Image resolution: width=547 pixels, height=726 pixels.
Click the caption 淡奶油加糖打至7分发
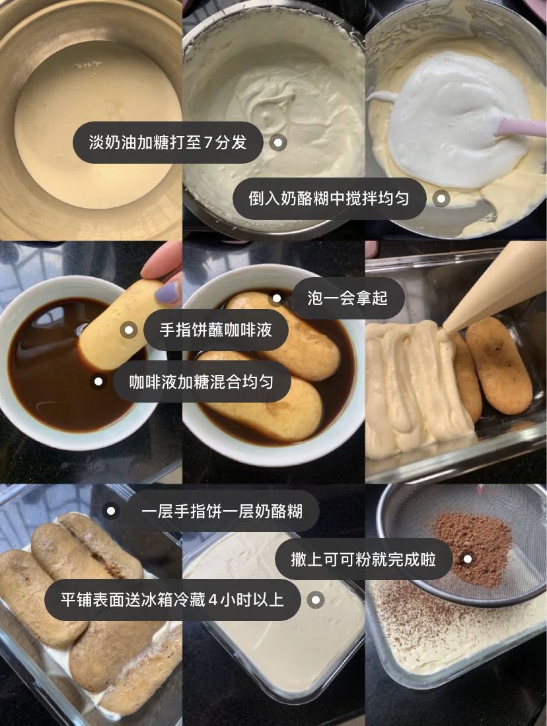click(167, 142)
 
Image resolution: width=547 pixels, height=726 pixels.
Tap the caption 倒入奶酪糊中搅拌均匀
click(329, 199)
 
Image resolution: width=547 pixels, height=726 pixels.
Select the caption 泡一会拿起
click(347, 298)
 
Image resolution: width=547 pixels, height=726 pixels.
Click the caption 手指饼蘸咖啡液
click(215, 330)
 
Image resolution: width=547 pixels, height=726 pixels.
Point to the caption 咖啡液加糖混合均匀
click(201, 382)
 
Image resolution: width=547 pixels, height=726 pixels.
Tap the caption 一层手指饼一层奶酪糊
click(222, 511)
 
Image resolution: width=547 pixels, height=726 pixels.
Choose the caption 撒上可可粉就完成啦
click(363, 559)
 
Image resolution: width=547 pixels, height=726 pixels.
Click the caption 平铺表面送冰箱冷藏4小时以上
click(172, 600)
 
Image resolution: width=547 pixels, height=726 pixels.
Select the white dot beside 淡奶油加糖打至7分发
click(278, 143)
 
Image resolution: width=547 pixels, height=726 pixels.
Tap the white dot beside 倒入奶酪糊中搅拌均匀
click(441, 199)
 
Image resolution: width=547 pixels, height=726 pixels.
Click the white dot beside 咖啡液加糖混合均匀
click(98, 382)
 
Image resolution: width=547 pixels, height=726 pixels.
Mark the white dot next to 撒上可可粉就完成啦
click(468, 559)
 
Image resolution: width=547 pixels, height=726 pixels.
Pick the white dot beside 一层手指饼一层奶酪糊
click(111, 511)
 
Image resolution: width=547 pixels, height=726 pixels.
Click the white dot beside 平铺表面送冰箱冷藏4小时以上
click(316, 600)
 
